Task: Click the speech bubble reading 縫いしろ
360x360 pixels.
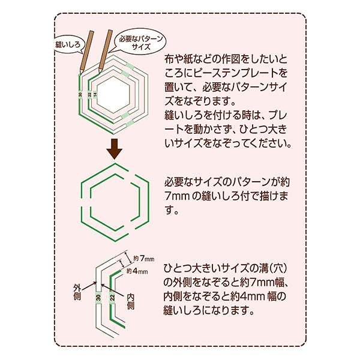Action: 69,44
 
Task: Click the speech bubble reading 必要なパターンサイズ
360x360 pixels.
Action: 140,43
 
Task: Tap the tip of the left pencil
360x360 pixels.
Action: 80,74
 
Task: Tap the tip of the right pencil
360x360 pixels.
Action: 99,73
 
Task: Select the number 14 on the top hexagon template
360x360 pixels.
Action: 95,94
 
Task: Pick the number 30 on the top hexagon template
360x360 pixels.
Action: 80,95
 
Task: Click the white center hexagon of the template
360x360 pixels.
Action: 113,95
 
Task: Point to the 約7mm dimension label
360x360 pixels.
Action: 144,259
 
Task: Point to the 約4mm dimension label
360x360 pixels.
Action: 137,271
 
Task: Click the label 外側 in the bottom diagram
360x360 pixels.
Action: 77,292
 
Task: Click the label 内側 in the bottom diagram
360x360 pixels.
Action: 131,301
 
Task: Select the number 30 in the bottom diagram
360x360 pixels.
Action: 98,298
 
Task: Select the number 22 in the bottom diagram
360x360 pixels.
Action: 112,298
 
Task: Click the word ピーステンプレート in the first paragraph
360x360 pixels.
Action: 232,73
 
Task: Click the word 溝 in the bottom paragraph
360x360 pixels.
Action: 260,268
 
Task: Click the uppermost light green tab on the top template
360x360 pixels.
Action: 130,67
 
